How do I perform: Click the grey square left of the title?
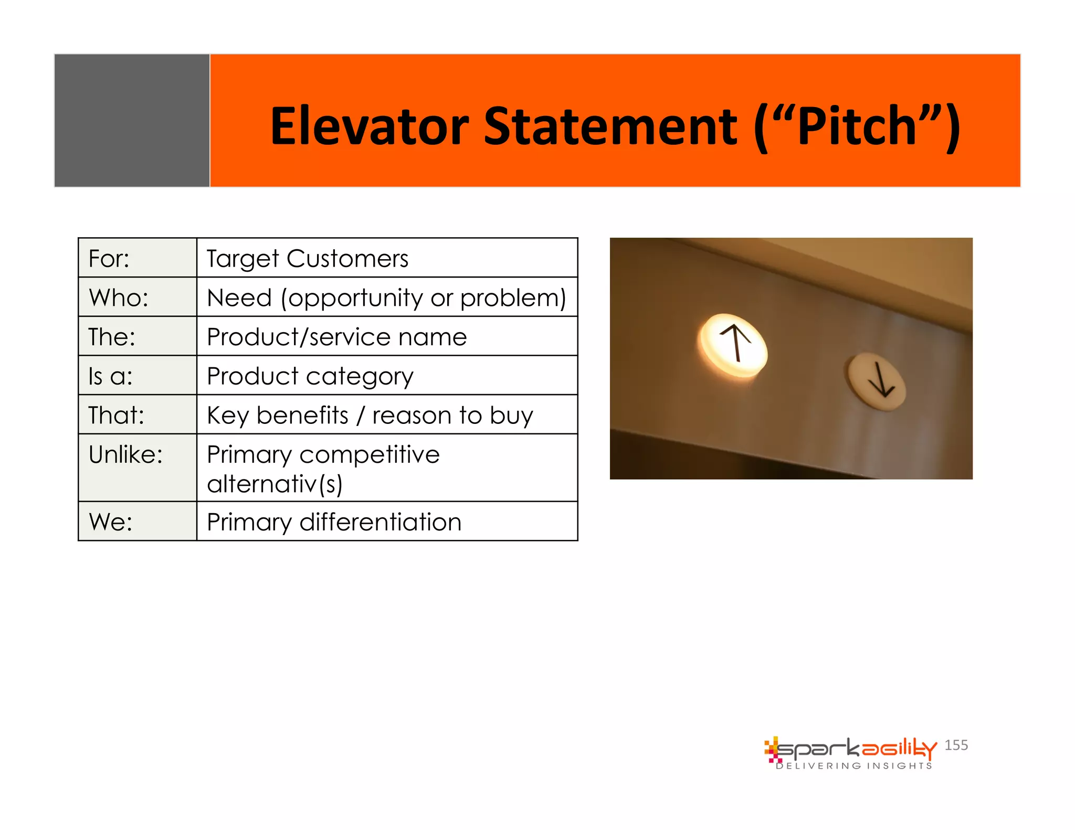[132, 120]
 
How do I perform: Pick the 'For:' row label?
[109, 259]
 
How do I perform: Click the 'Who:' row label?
[119, 297]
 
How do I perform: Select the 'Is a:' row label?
[110, 376]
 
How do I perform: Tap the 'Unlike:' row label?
[125, 454]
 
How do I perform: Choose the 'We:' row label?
[111, 522]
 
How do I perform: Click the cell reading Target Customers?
[307, 259]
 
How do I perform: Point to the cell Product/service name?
[336, 337]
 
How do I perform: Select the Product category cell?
[310, 376]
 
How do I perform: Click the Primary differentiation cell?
[334, 522]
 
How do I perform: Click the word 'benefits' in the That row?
[302, 416]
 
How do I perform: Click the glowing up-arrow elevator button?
[734, 345]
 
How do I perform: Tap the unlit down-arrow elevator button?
[877, 381]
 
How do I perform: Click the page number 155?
[956, 745]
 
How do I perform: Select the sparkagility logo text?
[856, 749]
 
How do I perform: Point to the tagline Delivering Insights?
[854, 766]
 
